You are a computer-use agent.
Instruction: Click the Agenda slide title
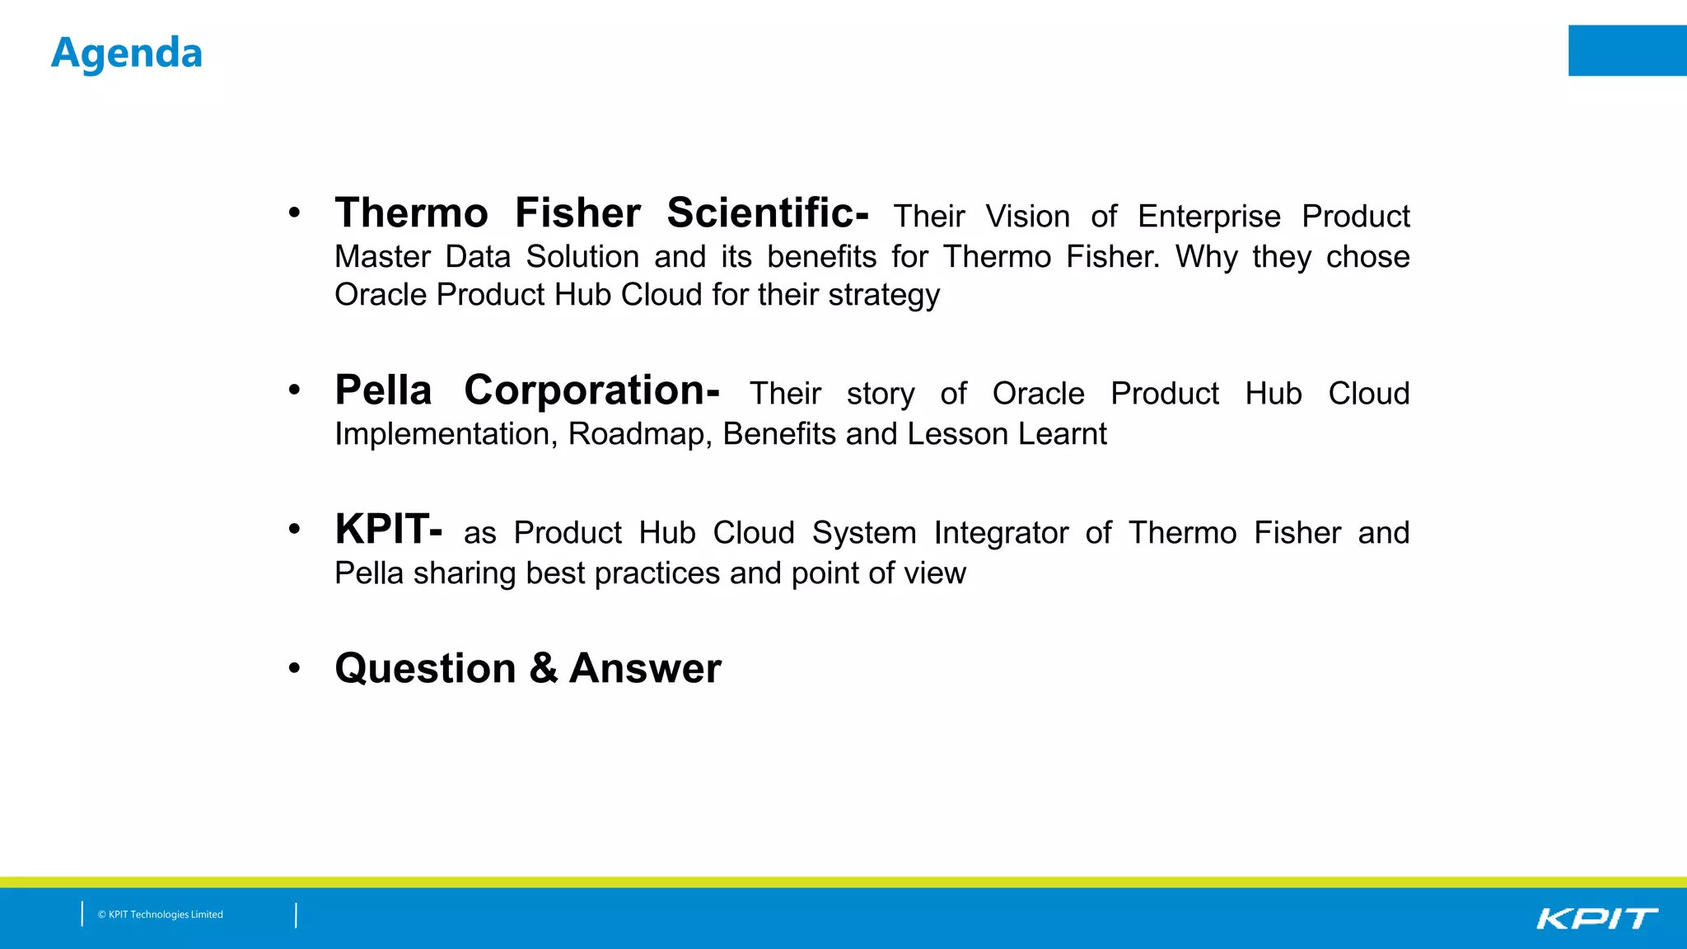126,54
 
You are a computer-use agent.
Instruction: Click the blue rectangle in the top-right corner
1627,50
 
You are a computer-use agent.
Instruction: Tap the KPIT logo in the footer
1596,919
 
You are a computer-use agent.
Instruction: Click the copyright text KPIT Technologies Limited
161,914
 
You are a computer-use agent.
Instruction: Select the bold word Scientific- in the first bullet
767,213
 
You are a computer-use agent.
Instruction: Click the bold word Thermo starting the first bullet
411,213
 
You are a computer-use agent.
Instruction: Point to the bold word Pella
383,390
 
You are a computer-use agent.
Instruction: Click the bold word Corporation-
591,390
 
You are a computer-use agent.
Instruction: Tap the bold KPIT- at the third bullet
388,530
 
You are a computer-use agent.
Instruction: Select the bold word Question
425,668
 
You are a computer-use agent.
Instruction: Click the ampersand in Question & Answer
543,668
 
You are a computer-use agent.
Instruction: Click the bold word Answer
645,668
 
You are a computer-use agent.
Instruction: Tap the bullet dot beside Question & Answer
294,668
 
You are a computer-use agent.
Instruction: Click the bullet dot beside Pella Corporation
294,390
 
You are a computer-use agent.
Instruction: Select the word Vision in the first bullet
1027,217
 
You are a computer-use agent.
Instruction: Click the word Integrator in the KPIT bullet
1001,534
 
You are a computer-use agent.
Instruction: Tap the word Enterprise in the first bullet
1208,217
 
